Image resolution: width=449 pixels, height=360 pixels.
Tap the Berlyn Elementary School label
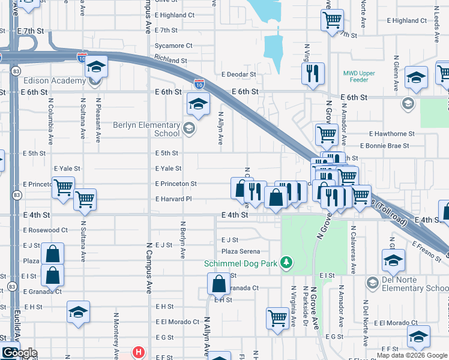(x=146, y=130)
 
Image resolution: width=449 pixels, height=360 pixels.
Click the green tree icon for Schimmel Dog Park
(x=288, y=262)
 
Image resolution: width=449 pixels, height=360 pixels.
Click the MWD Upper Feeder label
(x=359, y=77)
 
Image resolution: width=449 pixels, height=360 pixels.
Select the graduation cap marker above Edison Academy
(x=95, y=67)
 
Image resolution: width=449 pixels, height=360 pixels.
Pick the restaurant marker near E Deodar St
(x=313, y=74)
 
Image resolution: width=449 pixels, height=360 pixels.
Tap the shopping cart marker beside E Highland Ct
(x=332, y=20)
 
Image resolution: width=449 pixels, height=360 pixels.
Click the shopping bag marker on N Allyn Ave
(x=219, y=283)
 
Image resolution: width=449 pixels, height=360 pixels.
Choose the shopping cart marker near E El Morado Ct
(x=277, y=318)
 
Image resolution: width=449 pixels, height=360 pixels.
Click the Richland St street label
(x=171, y=61)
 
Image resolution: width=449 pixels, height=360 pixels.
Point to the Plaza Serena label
(x=241, y=251)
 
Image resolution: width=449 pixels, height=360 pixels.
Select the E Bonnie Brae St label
(x=385, y=146)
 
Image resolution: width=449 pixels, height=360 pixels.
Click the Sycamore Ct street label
(x=173, y=46)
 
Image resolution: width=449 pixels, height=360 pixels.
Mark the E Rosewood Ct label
(x=46, y=230)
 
